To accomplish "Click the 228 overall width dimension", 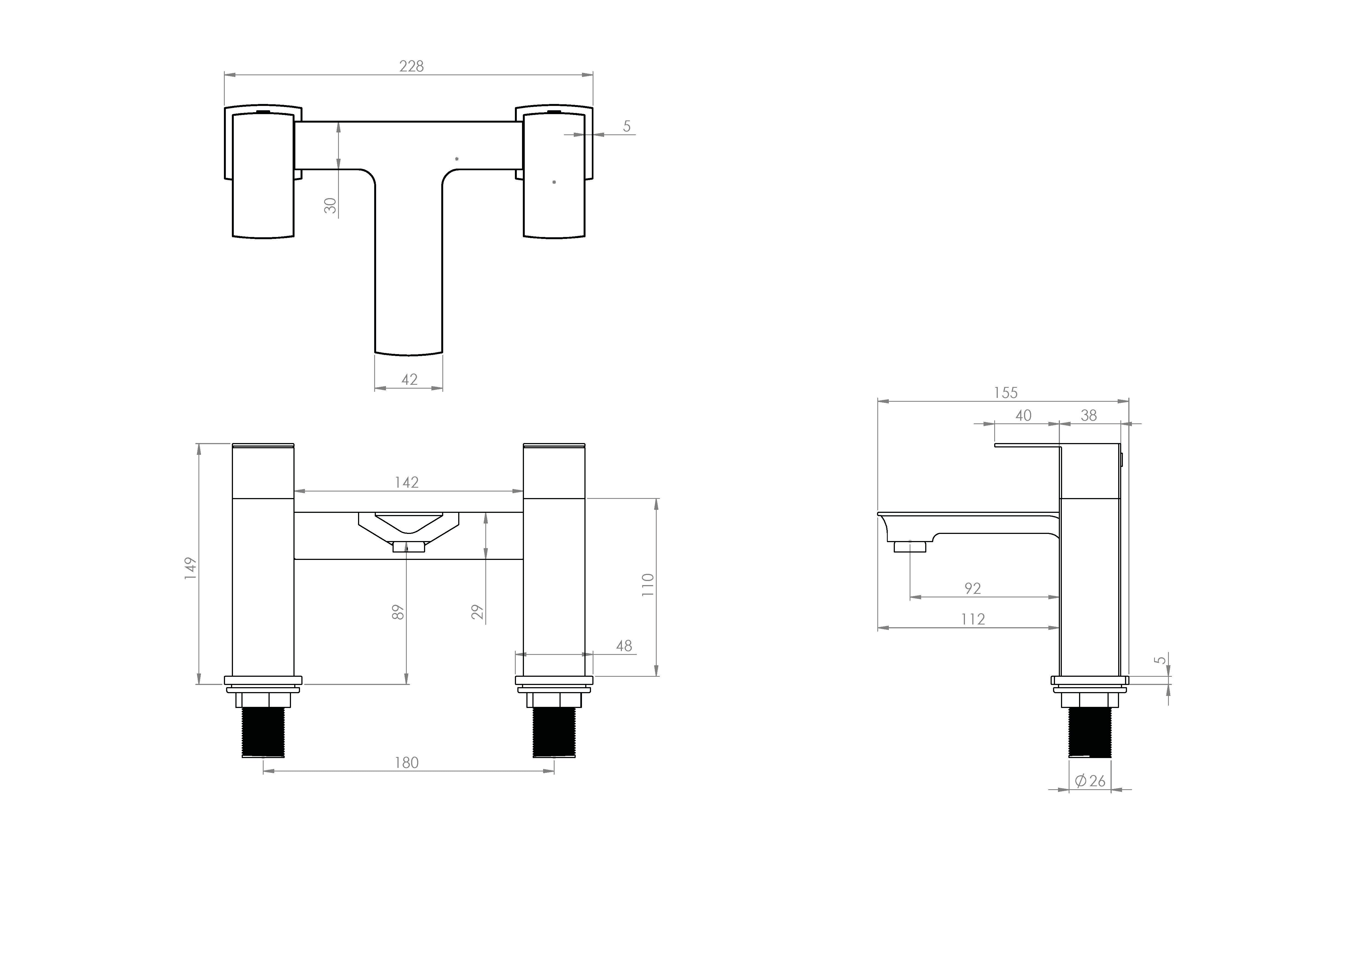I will point(411,66).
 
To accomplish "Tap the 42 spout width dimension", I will point(409,380).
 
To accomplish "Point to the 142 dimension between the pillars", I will point(407,482).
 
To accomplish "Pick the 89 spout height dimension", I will point(398,612).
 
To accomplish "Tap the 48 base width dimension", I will point(624,646).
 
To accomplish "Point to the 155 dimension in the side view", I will point(1005,392).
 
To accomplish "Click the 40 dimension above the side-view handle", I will point(1023,416).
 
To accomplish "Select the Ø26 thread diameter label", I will point(1090,781).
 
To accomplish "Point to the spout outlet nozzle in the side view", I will point(910,546).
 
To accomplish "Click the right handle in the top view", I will point(554,176).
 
